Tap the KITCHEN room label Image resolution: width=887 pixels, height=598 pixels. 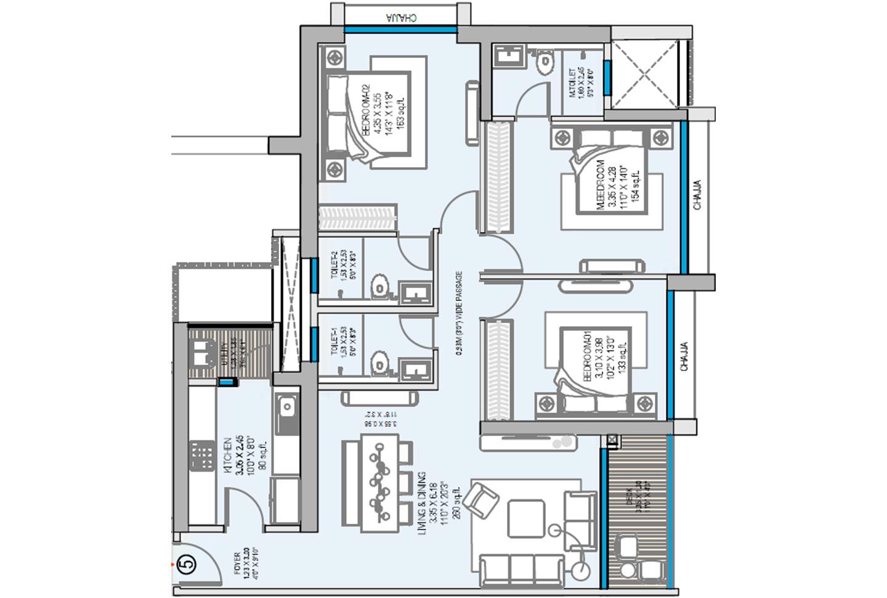pos(228,456)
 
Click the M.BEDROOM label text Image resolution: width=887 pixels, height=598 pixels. pos(601,186)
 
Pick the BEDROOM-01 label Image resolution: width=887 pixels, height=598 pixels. pos(587,358)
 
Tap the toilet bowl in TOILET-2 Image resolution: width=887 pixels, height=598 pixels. pos(380,288)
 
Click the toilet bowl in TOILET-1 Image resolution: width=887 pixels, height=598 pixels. pos(380,363)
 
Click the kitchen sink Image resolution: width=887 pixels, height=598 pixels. pos(286,407)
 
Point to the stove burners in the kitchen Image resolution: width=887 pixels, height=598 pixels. pos(201,455)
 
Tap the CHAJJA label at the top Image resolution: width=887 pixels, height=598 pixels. pos(401,18)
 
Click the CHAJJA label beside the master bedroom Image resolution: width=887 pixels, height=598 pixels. pos(697,195)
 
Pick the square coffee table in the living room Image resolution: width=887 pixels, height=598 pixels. pos(526,518)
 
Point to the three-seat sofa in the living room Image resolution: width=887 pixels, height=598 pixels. pos(521,568)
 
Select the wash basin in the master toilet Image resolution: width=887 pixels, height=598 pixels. pos(509,57)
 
